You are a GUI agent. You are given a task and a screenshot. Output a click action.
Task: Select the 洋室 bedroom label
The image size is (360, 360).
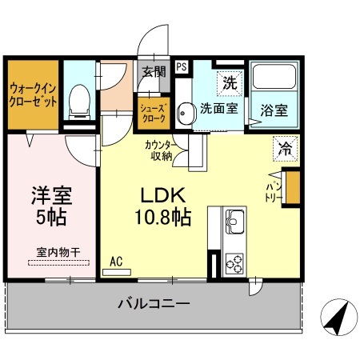50,194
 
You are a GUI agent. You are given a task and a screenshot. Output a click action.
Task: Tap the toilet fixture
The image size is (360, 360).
78,101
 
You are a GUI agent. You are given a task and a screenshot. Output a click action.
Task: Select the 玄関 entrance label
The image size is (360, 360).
154,71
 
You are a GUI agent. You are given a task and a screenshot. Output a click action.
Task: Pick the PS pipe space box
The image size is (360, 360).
182,68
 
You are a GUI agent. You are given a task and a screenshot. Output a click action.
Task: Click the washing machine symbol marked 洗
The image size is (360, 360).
230,82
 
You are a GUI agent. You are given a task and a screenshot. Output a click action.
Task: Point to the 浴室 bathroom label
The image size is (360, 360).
274,111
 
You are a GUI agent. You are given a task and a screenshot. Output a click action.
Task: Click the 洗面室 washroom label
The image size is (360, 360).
218,109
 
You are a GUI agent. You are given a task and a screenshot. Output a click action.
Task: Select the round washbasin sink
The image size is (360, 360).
184,114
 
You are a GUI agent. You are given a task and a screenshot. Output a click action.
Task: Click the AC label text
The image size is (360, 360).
116,261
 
